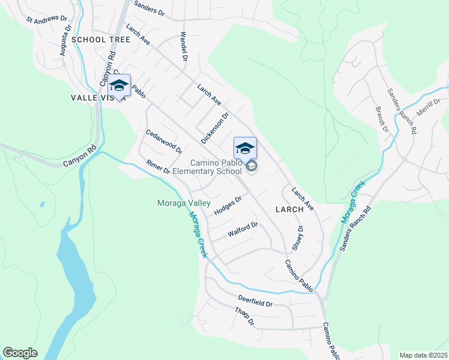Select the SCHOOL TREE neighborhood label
point(100,40)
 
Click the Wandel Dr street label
point(185,46)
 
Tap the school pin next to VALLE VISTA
point(119,86)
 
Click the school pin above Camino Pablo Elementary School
point(245,148)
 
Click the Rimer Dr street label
point(158,167)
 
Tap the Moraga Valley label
point(184,203)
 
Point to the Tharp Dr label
point(246,317)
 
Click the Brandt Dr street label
point(382,119)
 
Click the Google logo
point(20,352)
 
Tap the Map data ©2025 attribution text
point(423,355)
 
